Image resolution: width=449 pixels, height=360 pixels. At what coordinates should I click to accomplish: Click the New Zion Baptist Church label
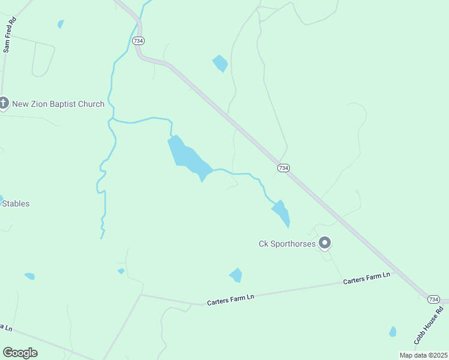click(58, 104)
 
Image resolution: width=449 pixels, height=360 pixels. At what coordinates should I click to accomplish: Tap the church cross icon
click(4, 104)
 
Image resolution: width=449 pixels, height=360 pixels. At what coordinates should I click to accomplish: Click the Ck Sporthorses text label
click(287, 244)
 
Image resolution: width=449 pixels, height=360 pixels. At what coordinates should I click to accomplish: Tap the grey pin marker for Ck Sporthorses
click(325, 243)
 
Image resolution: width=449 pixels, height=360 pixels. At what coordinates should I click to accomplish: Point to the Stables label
click(16, 203)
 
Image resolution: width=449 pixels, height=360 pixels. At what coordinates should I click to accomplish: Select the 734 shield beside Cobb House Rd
click(434, 299)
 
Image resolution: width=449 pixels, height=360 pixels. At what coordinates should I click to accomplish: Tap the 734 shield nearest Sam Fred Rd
click(139, 41)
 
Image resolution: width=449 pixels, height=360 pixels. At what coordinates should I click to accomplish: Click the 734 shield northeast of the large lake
click(283, 168)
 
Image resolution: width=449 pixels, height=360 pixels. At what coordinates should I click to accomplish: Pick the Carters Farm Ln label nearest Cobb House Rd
click(366, 278)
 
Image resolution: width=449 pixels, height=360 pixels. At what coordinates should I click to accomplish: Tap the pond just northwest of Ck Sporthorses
click(282, 212)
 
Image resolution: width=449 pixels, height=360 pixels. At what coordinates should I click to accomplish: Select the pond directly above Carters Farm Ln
click(236, 275)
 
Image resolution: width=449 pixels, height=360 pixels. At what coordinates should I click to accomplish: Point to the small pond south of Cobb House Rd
click(393, 331)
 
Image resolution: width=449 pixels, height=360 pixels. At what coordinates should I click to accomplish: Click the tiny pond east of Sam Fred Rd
click(61, 24)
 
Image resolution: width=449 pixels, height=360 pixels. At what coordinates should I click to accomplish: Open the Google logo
click(20, 353)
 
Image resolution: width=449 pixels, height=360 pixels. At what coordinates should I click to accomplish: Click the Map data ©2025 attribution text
click(423, 355)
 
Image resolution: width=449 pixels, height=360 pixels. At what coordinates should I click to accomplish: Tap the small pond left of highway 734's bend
click(220, 62)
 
